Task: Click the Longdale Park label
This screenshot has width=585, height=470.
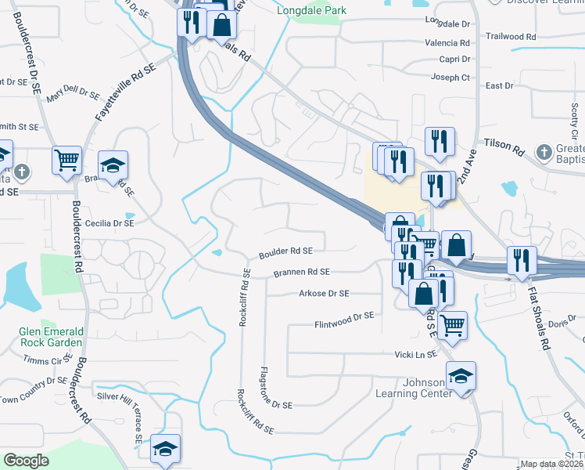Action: pos(310,11)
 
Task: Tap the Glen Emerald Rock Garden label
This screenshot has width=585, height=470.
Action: pos(51,337)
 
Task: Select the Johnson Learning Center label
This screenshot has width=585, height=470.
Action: pos(414,389)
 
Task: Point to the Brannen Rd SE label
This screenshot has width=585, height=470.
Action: pos(302,273)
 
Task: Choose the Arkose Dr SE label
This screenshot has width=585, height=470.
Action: pos(324,294)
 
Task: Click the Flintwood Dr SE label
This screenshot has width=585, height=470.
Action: pos(345,316)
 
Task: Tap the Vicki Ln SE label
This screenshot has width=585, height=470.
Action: pos(415,355)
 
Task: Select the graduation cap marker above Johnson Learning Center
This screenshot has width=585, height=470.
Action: pos(461,376)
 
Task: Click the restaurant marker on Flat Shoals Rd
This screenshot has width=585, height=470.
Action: pos(521,260)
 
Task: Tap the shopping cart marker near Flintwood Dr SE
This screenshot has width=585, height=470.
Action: pos(452,324)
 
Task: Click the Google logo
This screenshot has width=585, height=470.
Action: pos(27,461)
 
